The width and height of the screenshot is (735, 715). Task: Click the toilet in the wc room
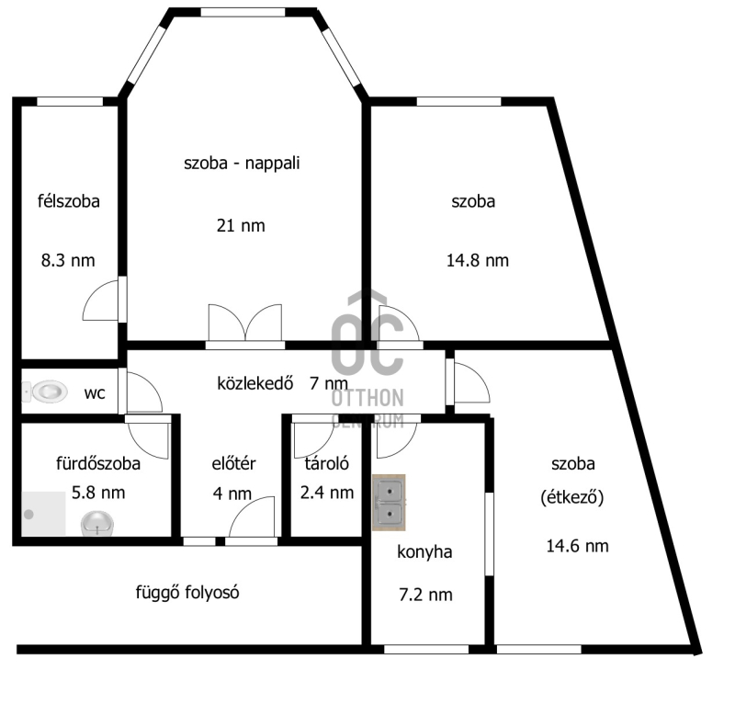click(x=45, y=392)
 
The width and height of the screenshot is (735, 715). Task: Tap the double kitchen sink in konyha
click(x=389, y=502)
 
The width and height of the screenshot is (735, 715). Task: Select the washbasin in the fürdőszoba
click(x=97, y=523)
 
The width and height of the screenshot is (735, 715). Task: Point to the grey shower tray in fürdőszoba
click(x=43, y=514)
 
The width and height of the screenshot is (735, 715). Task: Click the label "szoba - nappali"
click(x=242, y=164)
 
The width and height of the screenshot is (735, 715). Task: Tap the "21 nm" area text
click(x=241, y=226)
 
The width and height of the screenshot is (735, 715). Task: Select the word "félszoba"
click(x=69, y=201)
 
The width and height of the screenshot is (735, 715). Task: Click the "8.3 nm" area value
click(x=68, y=260)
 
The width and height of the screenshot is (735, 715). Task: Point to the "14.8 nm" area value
click(x=477, y=260)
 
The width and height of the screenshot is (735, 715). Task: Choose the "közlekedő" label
click(x=255, y=383)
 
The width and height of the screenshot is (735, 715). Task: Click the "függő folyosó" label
click(x=187, y=592)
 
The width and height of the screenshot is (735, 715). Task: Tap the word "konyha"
click(x=424, y=551)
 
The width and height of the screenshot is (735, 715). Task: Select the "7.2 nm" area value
click(x=425, y=595)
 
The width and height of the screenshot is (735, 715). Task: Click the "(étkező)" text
click(x=571, y=497)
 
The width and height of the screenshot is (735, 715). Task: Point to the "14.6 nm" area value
click(x=578, y=546)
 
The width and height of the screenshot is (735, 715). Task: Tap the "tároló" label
click(x=327, y=463)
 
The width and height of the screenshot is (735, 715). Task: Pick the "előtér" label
click(x=233, y=463)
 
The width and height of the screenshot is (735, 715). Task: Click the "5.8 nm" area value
click(x=98, y=493)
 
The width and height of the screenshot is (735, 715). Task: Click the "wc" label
click(x=95, y=393)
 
